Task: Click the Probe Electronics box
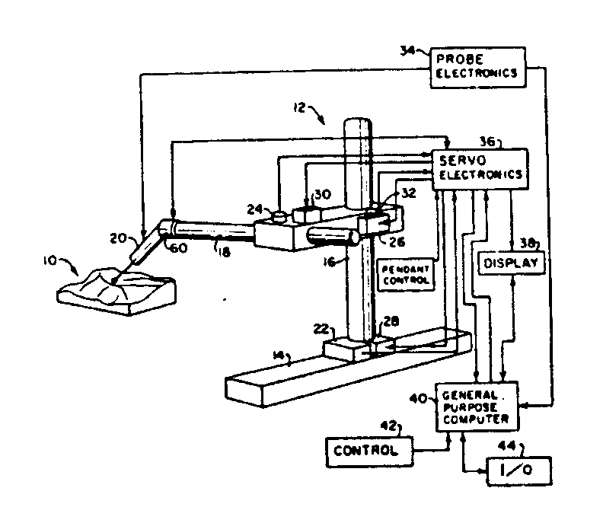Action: point(477,65)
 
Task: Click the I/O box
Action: point(518,471)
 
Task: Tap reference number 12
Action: point(299,109)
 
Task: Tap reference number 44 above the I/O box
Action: point(506,445)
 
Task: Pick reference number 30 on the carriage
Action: point(324,195)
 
